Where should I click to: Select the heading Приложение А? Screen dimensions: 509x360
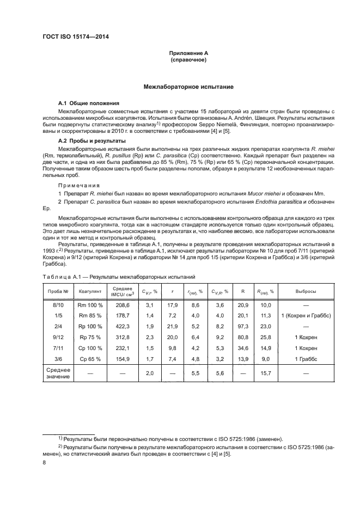click(x=188, y=53)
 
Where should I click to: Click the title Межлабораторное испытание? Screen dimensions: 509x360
click(x=188, y=87)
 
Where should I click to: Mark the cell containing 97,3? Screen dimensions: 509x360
click(x=243, y=327)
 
